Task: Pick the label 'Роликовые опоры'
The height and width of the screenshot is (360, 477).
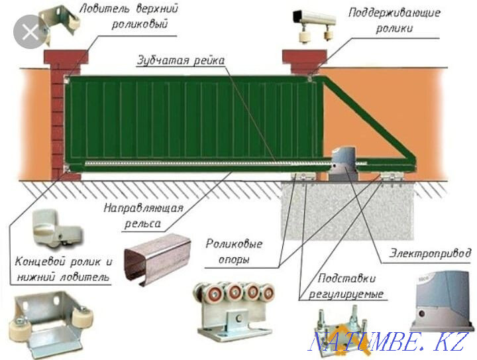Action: point(231,251)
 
